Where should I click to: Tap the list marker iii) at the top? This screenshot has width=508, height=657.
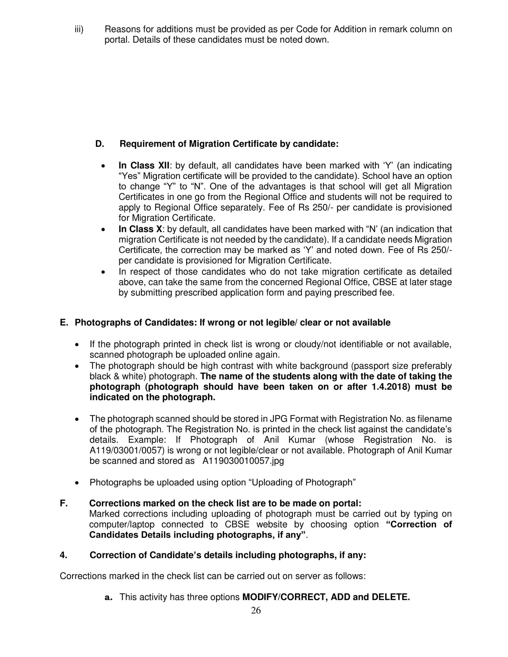tap(79, 30)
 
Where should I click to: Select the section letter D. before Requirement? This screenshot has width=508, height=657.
tap(99, 144)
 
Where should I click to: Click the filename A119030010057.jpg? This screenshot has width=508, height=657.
tap(243, 461)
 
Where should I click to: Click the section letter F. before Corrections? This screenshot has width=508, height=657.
tap(63, 503)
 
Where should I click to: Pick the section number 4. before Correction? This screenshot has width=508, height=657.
tap(63, 555)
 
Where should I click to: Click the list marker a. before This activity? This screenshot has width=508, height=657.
tap(109, 597)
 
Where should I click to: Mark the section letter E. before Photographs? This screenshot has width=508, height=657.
tap(63, 323)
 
